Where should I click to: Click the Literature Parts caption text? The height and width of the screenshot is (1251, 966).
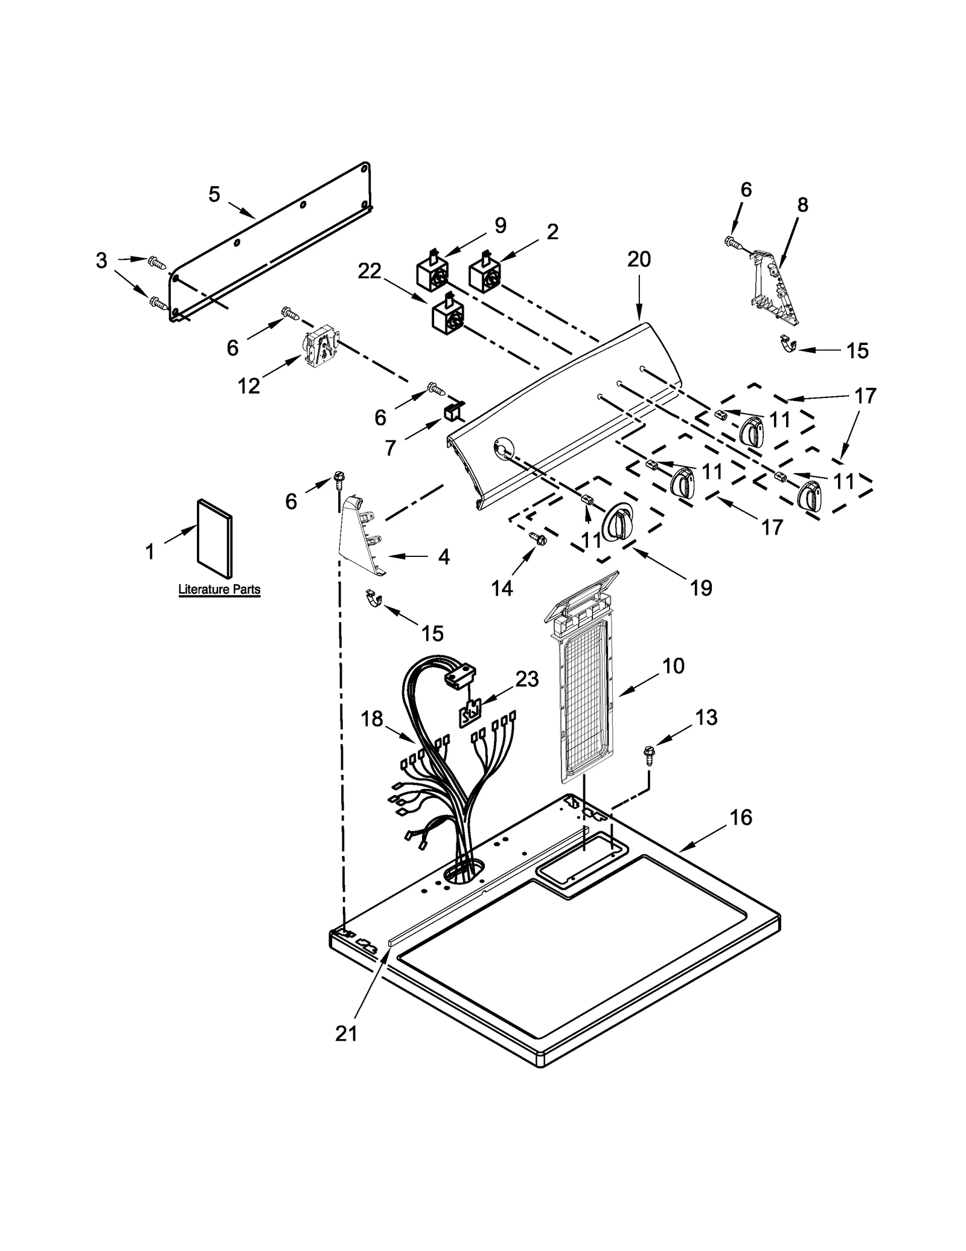[219, 589]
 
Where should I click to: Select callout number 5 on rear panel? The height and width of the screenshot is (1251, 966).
[214, 195]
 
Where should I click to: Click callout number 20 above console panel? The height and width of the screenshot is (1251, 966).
[639, 259]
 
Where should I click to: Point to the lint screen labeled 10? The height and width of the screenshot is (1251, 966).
[583, 689]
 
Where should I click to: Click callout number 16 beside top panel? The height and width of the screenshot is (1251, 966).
[741, 818]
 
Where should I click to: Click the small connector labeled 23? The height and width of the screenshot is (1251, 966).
[469, 715]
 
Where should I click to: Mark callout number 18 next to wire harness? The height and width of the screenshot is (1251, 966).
[372, 718]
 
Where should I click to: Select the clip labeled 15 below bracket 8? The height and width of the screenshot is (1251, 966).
[785, 346]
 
